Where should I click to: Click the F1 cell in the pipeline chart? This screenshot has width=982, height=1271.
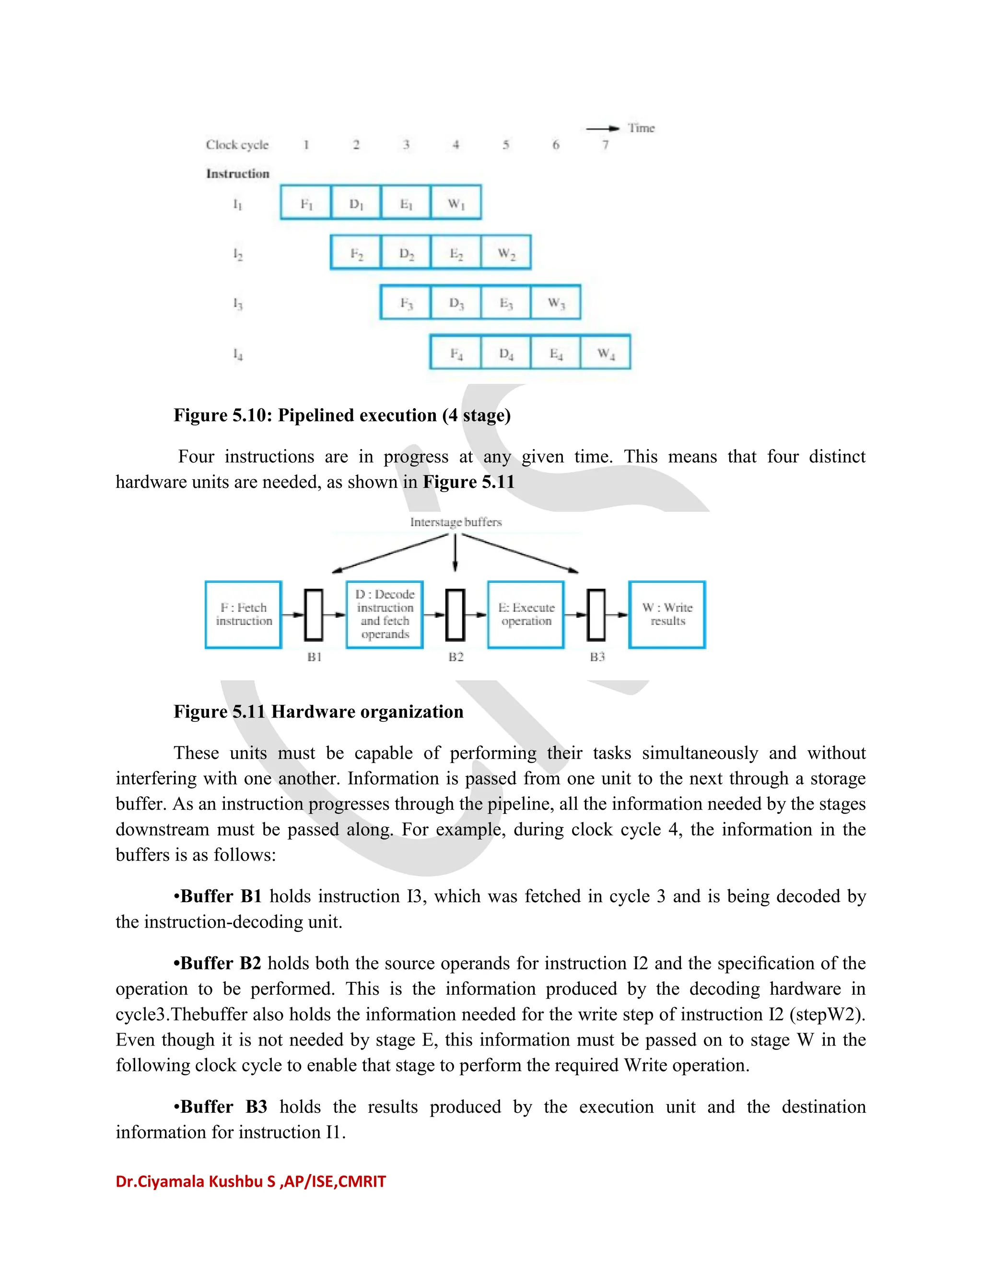[x=306, y=203]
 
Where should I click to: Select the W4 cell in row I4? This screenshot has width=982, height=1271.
[x=606, y=353]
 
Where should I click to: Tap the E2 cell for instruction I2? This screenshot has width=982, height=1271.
[x=456, y=253]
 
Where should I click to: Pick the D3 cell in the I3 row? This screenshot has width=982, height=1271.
[x=456, y=303]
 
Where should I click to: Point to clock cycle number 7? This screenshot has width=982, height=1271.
[x=605, y=144]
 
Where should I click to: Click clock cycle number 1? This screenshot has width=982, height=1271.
[x=306, y=144]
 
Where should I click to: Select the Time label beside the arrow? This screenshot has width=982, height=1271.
[x=641, y=128]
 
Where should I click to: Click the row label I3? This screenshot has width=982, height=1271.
[x=237, y=303]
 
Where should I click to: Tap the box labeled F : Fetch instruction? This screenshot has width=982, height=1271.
[x=244, y=614]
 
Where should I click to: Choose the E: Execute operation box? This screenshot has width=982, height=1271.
[x=526, y=614]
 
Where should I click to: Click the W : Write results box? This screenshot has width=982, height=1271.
[x=667, y=614]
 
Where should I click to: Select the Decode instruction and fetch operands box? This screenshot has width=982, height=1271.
[x=385, y=614]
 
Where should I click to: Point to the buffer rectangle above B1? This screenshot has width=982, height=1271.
[x=314, y=614]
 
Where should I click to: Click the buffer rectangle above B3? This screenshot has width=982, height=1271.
[x=596, y=614]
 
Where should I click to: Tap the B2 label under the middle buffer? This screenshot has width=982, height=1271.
[x=456, y=657]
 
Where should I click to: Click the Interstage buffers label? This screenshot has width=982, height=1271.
[x=456, y=522]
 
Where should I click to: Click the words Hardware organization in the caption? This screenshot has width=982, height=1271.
[x=367, y=711]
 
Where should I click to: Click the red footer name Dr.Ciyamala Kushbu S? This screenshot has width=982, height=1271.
[x=196, y=1181]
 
